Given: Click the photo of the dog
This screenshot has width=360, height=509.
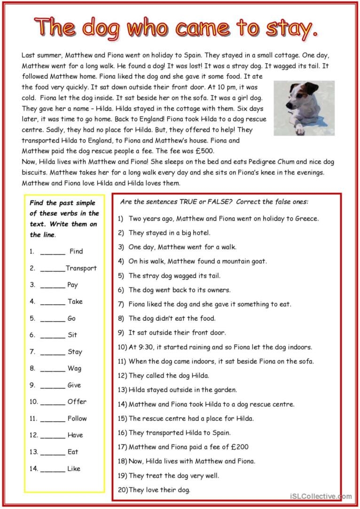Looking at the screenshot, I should tap(304, 108).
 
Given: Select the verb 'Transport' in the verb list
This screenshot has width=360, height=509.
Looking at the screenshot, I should tap(81, 268).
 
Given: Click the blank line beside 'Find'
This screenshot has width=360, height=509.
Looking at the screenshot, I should tap(53, 252).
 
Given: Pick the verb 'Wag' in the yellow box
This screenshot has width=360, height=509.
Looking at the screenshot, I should tap(74, 368).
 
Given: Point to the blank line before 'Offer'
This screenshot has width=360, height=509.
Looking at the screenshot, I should tap(53, 402).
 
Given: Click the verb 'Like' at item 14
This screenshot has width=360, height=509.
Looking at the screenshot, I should tap(74, 468).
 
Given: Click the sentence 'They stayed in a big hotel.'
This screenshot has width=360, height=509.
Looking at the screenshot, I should tap(169, 232).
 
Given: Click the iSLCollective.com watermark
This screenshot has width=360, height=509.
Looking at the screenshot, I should tap(321, 496).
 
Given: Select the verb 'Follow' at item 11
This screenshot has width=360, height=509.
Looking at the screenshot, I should tap(77, 418).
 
